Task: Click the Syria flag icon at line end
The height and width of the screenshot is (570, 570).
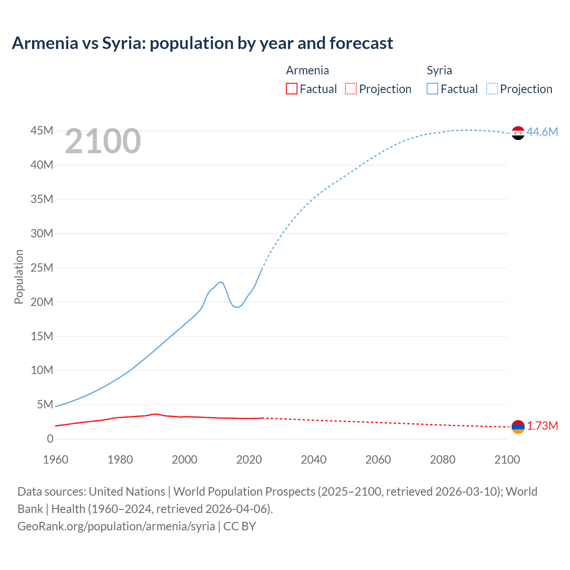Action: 518,133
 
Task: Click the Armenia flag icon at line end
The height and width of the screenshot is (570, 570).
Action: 518,427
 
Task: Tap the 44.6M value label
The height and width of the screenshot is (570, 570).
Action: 542,132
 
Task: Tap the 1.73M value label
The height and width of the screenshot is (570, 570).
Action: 542,426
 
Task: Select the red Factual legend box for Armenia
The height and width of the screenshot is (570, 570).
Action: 291,89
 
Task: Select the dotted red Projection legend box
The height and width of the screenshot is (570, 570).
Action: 351,89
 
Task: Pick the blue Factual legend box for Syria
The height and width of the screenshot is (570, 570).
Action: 432,89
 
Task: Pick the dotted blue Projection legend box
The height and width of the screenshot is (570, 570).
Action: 492,89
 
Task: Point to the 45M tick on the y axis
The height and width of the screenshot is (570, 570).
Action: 42,130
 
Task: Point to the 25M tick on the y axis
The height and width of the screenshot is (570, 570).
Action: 42,268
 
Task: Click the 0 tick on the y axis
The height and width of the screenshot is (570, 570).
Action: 50,439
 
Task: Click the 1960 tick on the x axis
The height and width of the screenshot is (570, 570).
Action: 56,460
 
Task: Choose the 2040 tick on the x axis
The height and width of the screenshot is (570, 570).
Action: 313,460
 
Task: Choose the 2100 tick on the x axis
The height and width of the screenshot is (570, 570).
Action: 507,460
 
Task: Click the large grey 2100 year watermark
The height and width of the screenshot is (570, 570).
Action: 103,141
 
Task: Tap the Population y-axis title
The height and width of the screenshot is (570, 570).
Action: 19,277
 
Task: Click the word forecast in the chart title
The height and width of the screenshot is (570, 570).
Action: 361,43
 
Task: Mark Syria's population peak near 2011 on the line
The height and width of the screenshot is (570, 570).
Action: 220,282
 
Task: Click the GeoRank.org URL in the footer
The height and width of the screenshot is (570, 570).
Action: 116,526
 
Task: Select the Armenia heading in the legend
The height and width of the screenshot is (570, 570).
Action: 307,70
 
